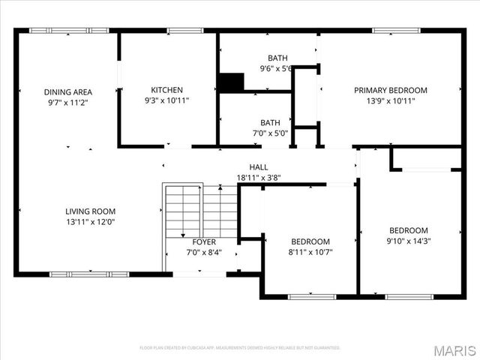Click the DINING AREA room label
tap(67, 92)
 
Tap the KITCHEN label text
tap(166, 89)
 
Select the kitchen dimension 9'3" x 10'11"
tap(166, 100)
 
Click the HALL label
tap(258, 167)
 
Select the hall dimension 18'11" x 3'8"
tap(258, 178)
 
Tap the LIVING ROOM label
tap(90, 211)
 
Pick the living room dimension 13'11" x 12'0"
tap(90, 222)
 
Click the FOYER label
tap(204, 242)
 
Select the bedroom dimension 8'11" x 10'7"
tap(310, 252)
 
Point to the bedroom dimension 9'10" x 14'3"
tap(409, 241)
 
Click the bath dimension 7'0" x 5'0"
tap(270, 133)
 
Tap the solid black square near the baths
tap(231, 81)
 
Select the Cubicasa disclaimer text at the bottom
tap(240, 348)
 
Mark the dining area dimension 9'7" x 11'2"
tap(67, 103)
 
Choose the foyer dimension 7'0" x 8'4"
tap(204, 253)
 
